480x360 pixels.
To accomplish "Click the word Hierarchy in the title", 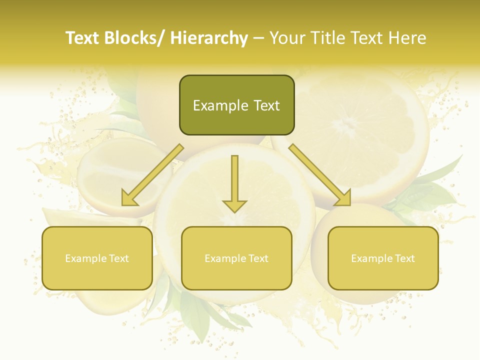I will [209, 38].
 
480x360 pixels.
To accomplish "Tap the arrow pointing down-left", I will [152, 175].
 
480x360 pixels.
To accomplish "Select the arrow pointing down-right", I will [320, 175].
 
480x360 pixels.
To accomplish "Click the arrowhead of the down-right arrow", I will [342, 198].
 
